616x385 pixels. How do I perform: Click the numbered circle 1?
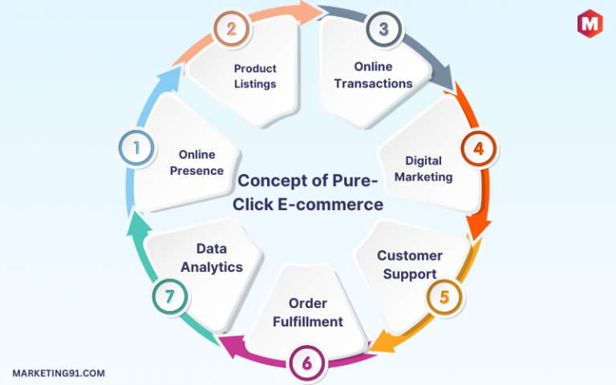136,148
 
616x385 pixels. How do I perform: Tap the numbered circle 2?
231,29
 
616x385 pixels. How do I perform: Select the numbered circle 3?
384,29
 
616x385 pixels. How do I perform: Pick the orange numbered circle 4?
479,148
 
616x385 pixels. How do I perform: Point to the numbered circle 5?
444,297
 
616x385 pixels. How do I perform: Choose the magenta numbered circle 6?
307,363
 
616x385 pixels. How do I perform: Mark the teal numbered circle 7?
170,297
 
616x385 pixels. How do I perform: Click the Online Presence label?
197,163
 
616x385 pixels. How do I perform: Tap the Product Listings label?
255,76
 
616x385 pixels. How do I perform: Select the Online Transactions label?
373,75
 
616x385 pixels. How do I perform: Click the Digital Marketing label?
423,169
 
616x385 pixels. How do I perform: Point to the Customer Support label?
410,265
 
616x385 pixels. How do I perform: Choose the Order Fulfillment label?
308,312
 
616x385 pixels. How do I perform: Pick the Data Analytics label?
212,257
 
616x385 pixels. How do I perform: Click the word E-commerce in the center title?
330,205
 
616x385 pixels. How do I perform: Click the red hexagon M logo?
590,23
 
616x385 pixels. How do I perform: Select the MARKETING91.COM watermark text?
59,373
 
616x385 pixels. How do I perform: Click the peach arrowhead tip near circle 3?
323,12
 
